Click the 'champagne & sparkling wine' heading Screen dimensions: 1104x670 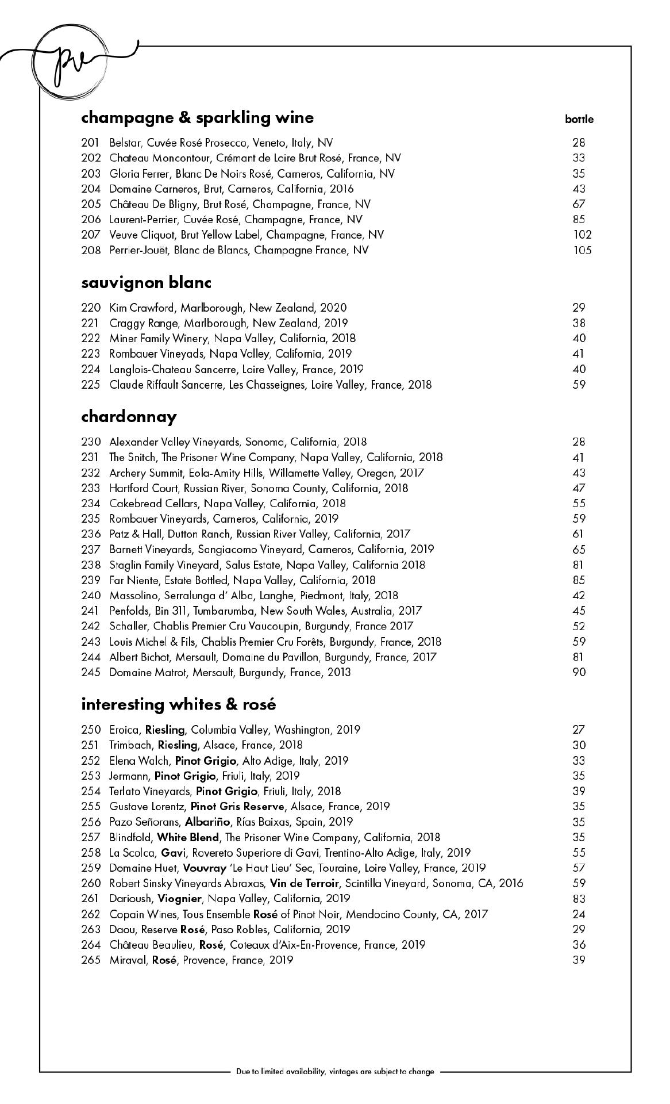pyautogui.click(x=197, y=117)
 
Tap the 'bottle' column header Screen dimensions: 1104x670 pyautogui.click(x=579, y=120)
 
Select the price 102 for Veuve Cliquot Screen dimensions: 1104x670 pyautogui.click(x=582, y=235)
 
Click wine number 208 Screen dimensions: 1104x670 pyautogui.click(x=91, y=250)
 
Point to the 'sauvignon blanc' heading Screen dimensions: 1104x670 pyautogui.click(x=147, y=282)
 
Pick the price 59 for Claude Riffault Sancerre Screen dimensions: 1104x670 pyautogui.click(x=579, y=384)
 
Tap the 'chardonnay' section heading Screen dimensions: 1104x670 pyautogui.click(x=129, y=416)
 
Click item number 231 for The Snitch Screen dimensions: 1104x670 pyautogui.click(x=91, y=458)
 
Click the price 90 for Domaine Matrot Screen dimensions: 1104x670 pyautogui.click(x=579, y=672)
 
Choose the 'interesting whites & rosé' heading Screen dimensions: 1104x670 pyautogui.click(x=179, y=704)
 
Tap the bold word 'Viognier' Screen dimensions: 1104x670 pyautogui.click(x=180, y=898)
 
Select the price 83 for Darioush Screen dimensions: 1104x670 pyautogui.click(x=579, y=898)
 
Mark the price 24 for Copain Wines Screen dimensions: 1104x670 pyautogui.click(x=579, y=914)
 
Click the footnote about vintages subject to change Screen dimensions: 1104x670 pyautogui.click(x=335, y=1071)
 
